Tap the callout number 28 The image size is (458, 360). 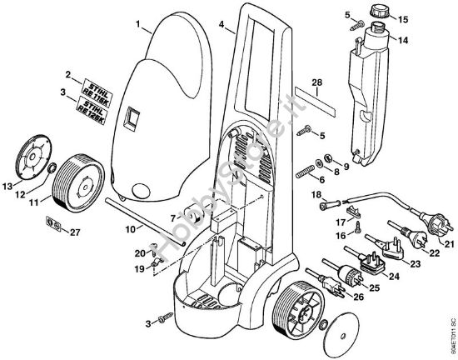coord(316,82)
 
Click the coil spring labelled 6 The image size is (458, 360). coord(307,170)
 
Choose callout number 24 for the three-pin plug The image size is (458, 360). coord(393,277)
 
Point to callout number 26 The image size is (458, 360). coord(359,295)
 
